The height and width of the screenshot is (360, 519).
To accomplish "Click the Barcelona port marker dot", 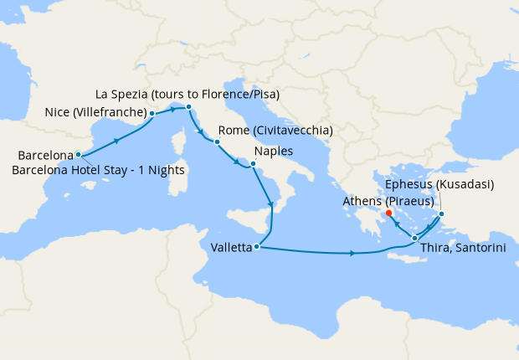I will point(78,154).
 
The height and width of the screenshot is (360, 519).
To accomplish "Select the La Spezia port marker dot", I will point(189,107).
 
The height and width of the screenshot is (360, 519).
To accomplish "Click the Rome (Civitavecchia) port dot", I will point(217,142).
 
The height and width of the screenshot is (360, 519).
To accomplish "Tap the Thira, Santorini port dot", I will point(415,239).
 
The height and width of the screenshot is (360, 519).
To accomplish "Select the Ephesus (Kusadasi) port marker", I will point(442,214).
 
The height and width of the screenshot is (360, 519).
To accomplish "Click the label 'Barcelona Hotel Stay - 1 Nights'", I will point(99,170).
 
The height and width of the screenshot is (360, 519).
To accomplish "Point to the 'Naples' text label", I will point(273,152).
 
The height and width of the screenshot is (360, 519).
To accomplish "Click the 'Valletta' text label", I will point(229,248).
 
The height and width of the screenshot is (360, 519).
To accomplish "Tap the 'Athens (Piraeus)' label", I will point(387,201).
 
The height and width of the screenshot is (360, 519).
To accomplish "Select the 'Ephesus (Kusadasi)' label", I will point(440,184).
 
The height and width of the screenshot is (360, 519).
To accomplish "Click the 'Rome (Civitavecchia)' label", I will point(275,131).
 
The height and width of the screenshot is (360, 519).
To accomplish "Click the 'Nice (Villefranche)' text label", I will point(97,112).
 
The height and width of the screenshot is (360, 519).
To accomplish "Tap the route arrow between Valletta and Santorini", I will point(352,253).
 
